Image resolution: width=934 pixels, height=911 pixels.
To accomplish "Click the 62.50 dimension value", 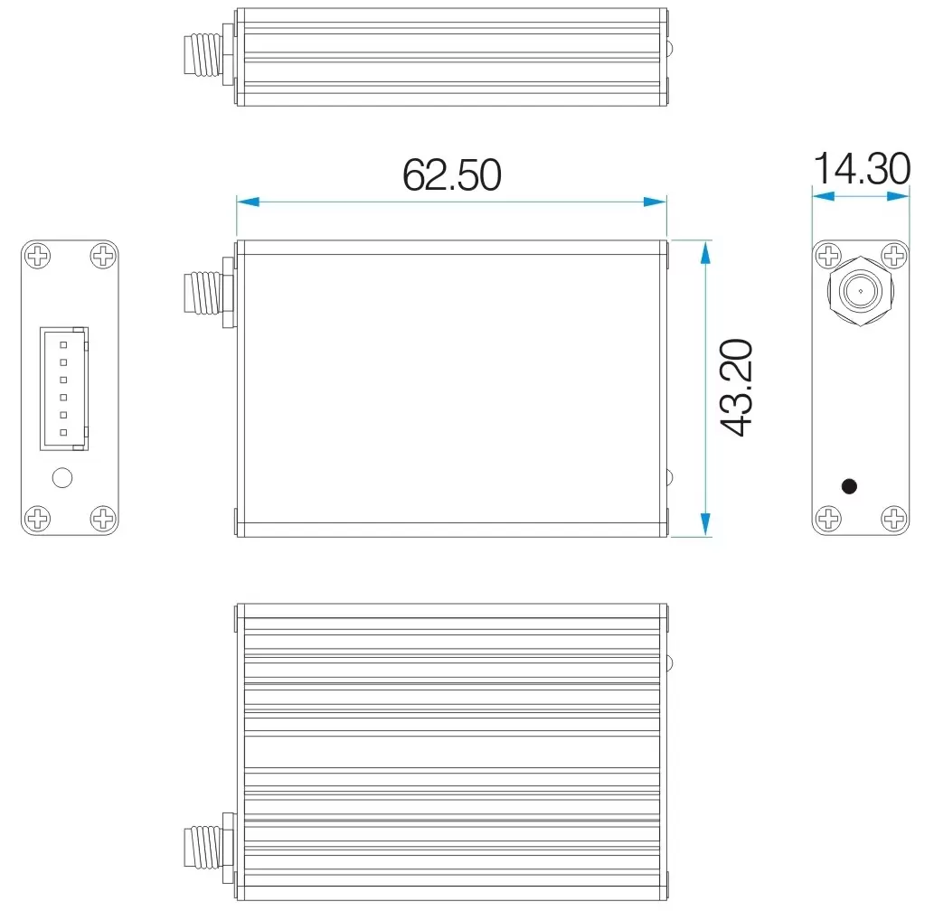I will pos(451,174).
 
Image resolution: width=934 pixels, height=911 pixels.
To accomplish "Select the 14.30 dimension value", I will pos(861,169).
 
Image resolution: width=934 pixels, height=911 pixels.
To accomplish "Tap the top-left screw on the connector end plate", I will pos(38,257).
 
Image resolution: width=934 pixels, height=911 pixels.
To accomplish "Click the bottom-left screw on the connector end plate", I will pos(38,519).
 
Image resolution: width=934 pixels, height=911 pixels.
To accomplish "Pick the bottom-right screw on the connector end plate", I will pos(104,519).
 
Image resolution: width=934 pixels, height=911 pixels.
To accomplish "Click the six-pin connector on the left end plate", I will pos(63,389).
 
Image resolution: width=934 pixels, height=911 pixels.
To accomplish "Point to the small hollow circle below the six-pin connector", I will pos(62,477).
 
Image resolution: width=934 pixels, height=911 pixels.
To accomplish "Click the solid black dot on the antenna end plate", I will pos(849,486).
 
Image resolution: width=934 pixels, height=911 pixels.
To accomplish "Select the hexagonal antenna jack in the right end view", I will pos(860,291).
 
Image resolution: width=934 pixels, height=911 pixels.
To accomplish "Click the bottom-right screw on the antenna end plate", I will pos(893,519).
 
